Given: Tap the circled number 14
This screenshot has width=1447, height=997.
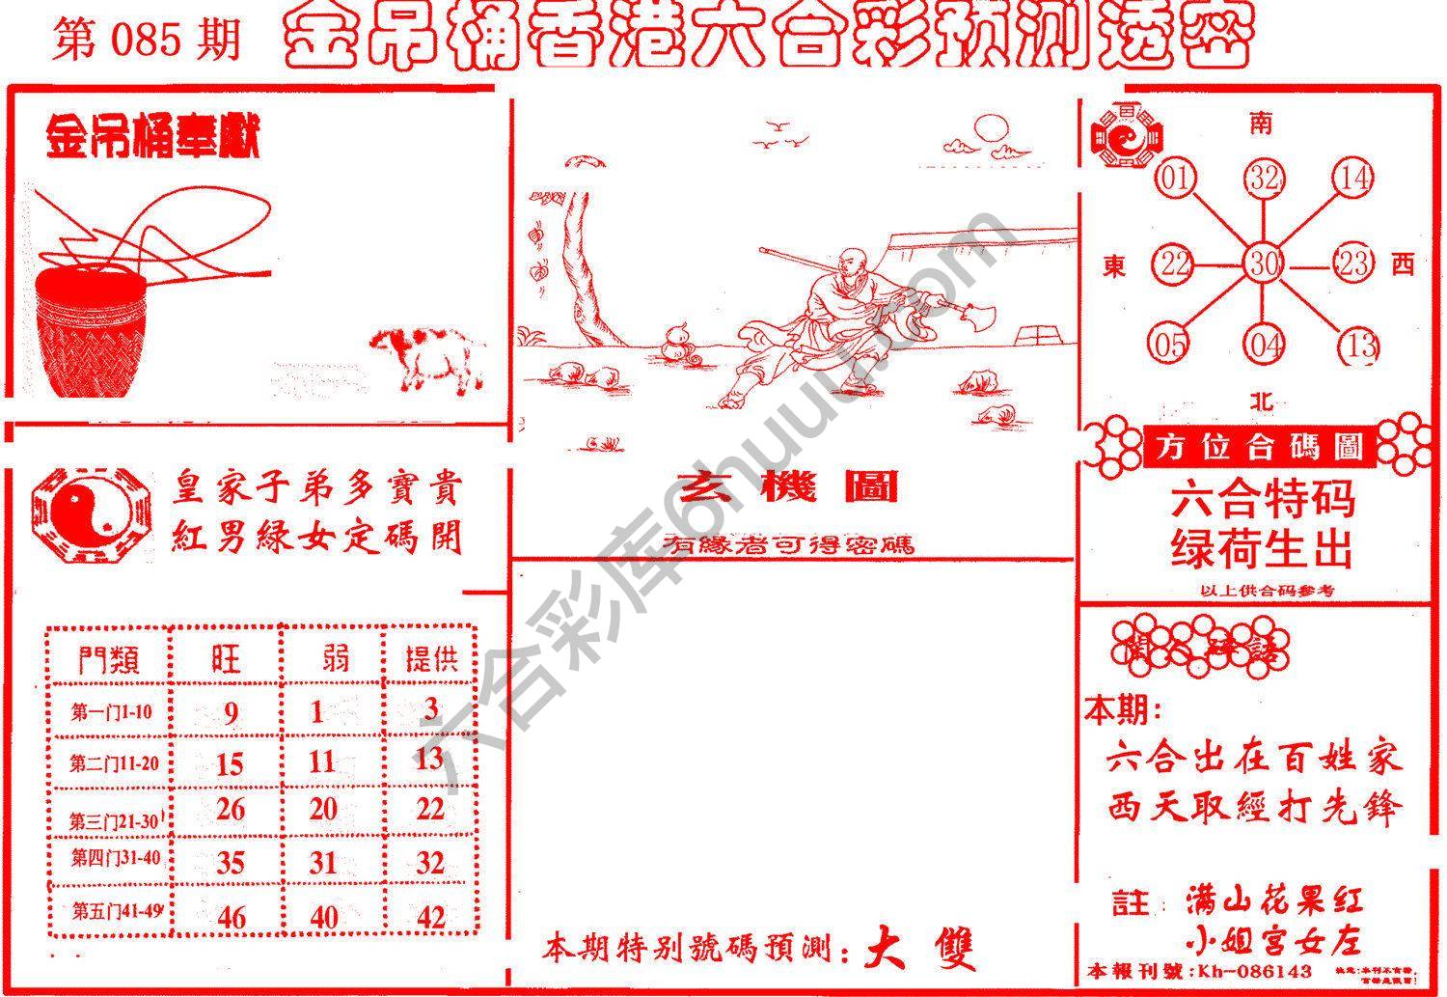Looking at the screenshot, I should [1353, 179].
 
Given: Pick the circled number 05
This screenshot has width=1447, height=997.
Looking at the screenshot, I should [1169, 345].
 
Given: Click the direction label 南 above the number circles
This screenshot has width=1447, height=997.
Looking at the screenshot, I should [1261, 123].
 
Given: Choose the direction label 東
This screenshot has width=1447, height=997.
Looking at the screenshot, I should [1114, 265].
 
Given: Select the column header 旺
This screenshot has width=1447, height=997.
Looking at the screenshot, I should [227, 659].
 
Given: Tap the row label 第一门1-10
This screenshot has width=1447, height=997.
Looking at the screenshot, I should [111, 712].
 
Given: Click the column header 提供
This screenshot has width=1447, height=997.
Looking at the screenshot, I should [431, 659].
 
